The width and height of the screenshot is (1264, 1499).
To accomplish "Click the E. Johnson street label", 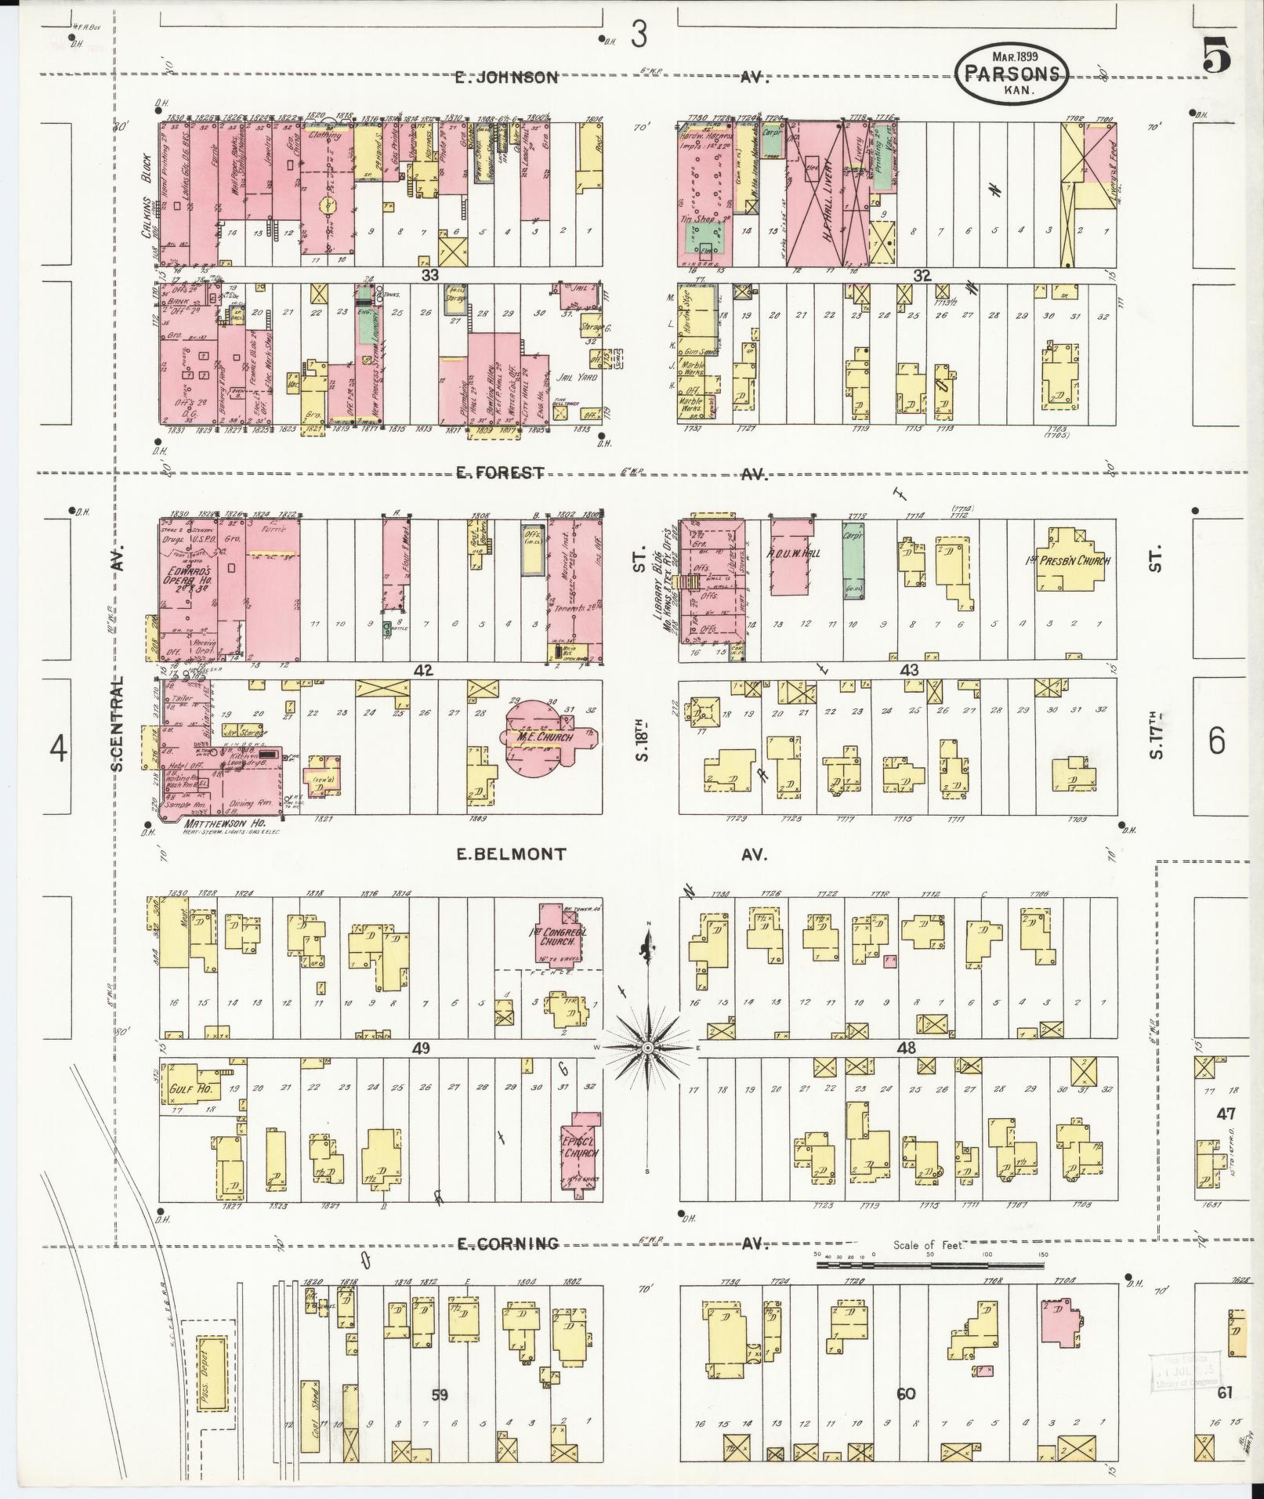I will (x=507, y=78).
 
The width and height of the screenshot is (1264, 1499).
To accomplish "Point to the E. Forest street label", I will (x=501, y=472).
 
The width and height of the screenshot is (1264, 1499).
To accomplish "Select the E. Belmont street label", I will (x=511, y=854).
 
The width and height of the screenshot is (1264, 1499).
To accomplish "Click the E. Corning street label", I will (x=508, y=1244).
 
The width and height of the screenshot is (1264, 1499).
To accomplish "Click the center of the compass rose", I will (x=648, y=1048).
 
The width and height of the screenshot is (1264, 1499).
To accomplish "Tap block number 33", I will (x=429, y=275).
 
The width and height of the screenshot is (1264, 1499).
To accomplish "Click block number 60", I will (x=906, y=1395).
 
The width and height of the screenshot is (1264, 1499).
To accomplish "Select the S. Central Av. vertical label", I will (x=119, y=725).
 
